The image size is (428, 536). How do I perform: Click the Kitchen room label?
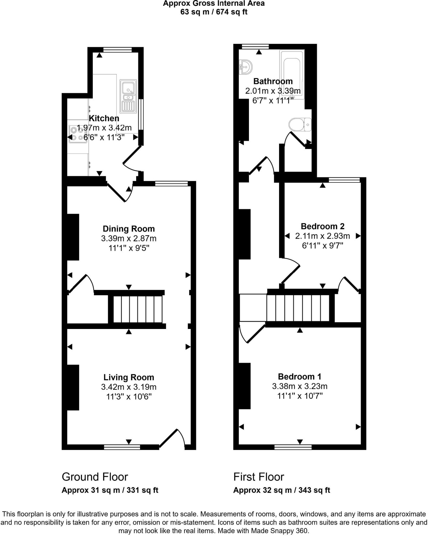coord(104,118)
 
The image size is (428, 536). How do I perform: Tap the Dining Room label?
coord(129,229)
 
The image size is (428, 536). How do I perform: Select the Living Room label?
coord(129,377)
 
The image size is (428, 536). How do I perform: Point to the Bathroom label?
coord(273,81)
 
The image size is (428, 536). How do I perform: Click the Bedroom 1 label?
coord(299,376)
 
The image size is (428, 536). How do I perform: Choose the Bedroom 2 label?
coord(323,226)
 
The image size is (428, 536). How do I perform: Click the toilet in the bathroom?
coord(300,125)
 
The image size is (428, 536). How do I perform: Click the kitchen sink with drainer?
coord(128,96)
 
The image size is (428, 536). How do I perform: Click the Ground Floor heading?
coord(95,477)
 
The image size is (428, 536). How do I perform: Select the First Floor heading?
coord(259,477)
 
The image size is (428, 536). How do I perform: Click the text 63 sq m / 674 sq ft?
coord(214,12)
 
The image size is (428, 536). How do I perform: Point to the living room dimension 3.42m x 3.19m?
coord(129,387)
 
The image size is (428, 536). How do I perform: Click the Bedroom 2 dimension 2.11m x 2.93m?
coord(323,236)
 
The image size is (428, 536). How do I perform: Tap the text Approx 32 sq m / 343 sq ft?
coord(281,490)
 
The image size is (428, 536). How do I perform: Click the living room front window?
coord(122,447)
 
